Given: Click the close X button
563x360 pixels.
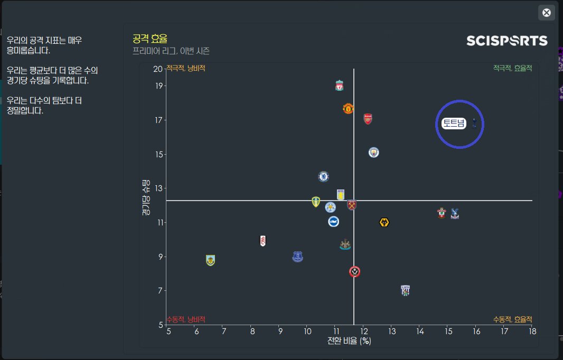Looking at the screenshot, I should (x=547, y=13).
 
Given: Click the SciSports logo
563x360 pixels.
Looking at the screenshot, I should (x=507, y=41).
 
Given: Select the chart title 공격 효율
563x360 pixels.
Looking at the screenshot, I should (x=150, y=39).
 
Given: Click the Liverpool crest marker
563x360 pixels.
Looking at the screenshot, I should (x=340, y=86).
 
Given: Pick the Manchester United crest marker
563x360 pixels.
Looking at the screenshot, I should (x=348, y=109).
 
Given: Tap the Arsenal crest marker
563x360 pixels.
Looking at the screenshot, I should (x=368, y=119).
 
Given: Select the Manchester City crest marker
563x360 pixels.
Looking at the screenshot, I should (x=374, y=153).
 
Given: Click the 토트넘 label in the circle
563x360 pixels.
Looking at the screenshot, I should (x=454, y=124).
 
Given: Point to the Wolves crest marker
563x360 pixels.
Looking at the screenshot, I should (x=384, y=222).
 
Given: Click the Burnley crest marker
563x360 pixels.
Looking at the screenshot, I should (x=211, y=260).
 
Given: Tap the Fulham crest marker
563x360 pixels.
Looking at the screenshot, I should (x=263, y=241).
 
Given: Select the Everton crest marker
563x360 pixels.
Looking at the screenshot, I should (x=298, y=257).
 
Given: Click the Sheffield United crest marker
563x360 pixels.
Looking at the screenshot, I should (x=355, y=272).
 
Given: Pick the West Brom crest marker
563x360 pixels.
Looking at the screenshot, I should (x=405, y=290).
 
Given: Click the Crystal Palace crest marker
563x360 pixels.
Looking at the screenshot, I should (x=455, y=213).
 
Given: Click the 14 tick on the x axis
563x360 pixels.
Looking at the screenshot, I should (x=420, y=331).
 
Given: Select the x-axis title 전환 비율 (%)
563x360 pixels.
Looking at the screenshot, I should (x=349, y=341).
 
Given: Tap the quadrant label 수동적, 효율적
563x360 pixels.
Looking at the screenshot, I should (x=512, y=319).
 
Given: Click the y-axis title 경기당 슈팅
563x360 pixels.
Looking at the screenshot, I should (x=146, y=196).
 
